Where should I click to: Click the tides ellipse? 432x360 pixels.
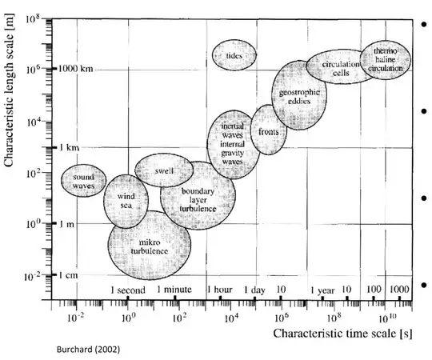pyautogui.click(x=234, y=55)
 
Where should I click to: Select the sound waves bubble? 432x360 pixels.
pyautogui.click(x=84, y=180)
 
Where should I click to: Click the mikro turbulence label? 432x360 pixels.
pyautogui.click(x=149, y=246)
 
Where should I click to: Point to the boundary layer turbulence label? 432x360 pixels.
pyautogui.click(x=198, y=200)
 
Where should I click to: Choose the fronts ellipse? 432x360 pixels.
pyautogui.click(x=269, y=131)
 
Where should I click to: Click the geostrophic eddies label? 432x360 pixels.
pyautogui.click(x=299, y=99)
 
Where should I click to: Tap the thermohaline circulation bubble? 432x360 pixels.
pyautogui.click(x=386, y=60)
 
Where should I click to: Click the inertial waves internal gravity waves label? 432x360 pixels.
pyautogui.click(x=232, y=144)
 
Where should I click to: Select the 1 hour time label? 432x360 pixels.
pyautogui.click(x=220, y=289)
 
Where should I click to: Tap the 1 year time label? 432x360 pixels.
pyautogui.click(x=322, y=289)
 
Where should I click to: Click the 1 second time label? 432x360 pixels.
pyautogui.click(x=127, y=289)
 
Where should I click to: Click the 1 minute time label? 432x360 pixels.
pyautogui.click(x=175, y=289)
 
